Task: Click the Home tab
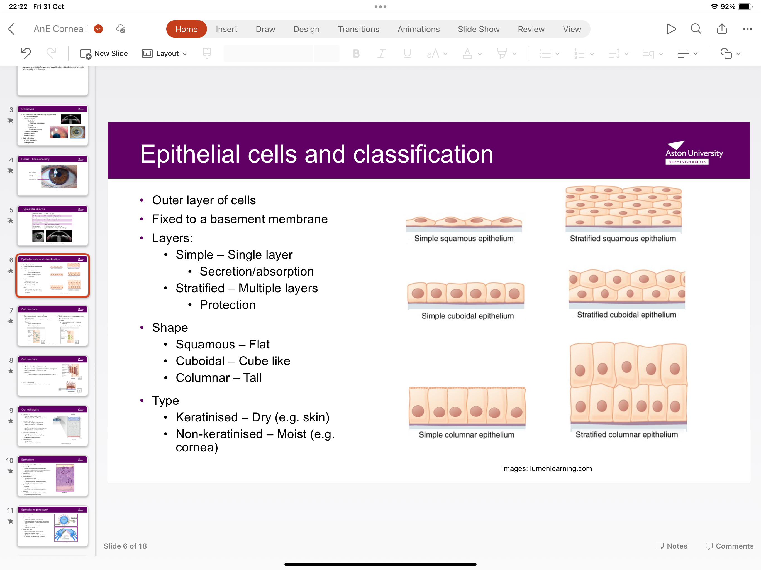(x=186, y=29)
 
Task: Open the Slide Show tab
(x=478, y=29)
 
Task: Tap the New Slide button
(x=104, y=54)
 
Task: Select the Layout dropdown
(x=164, y=54)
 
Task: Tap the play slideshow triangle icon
(x=671, y=29)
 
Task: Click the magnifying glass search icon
(x=696, y=29)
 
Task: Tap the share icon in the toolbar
(x=722, y=29)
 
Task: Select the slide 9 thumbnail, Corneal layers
(x=53, y=426)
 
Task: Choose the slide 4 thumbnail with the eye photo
(x=53, y=175)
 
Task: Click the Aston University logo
(x=694, y=153)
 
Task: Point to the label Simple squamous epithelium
(x=464, y=239)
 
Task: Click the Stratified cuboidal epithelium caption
(x=626, y=315)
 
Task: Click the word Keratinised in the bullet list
(x=206, y=417)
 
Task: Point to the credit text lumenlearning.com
(x=560, y=469)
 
